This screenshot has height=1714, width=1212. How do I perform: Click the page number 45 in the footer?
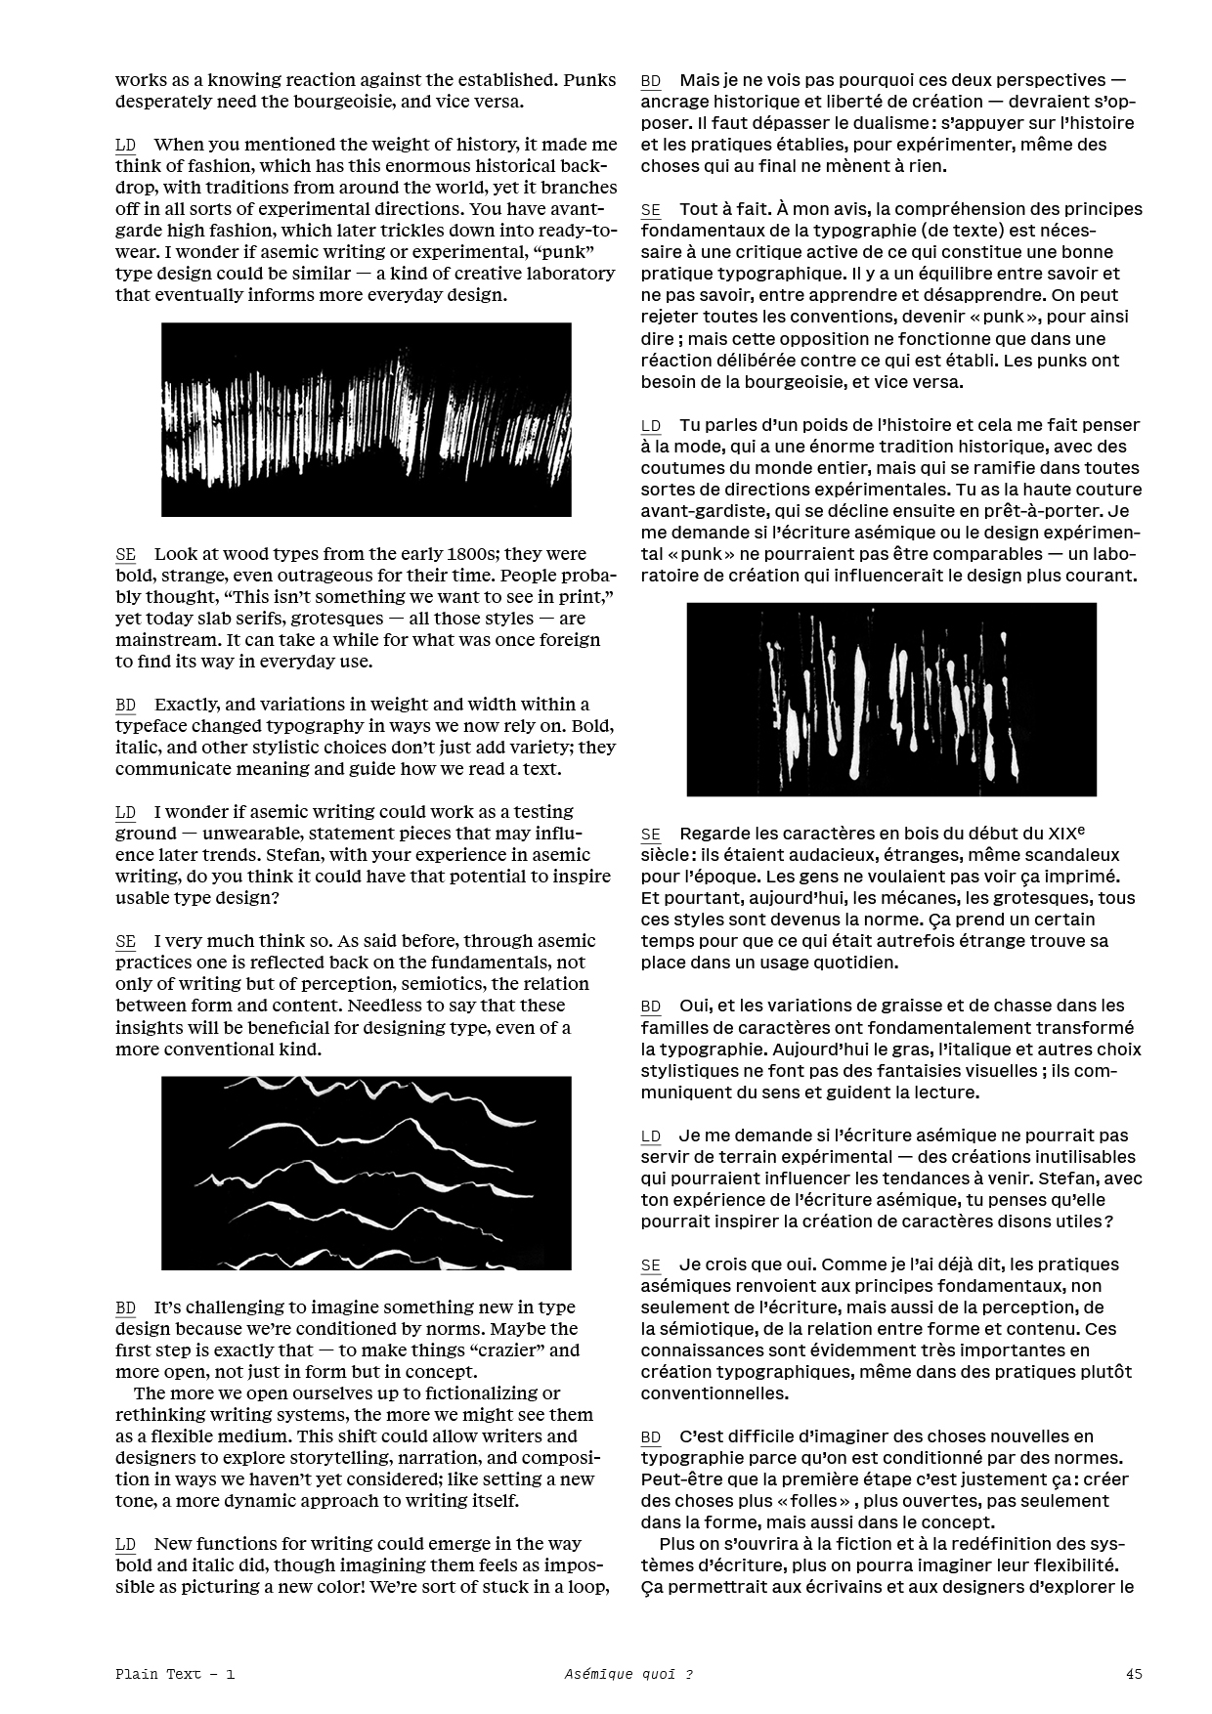(x=1134, y=1673)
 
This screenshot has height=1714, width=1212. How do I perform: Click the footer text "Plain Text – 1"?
(x=174, y=1673)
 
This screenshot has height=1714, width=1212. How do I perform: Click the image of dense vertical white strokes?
(x=366, y=419)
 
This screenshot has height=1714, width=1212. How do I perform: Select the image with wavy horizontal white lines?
(x=366, y=1173)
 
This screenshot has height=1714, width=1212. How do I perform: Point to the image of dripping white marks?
(x=891, y=699)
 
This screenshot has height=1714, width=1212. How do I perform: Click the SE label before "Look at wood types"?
(x=126, y=555)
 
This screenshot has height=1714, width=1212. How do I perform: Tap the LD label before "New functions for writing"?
(x=126, y=1545)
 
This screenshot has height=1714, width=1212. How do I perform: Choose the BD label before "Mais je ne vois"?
(x=651, y=81)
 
